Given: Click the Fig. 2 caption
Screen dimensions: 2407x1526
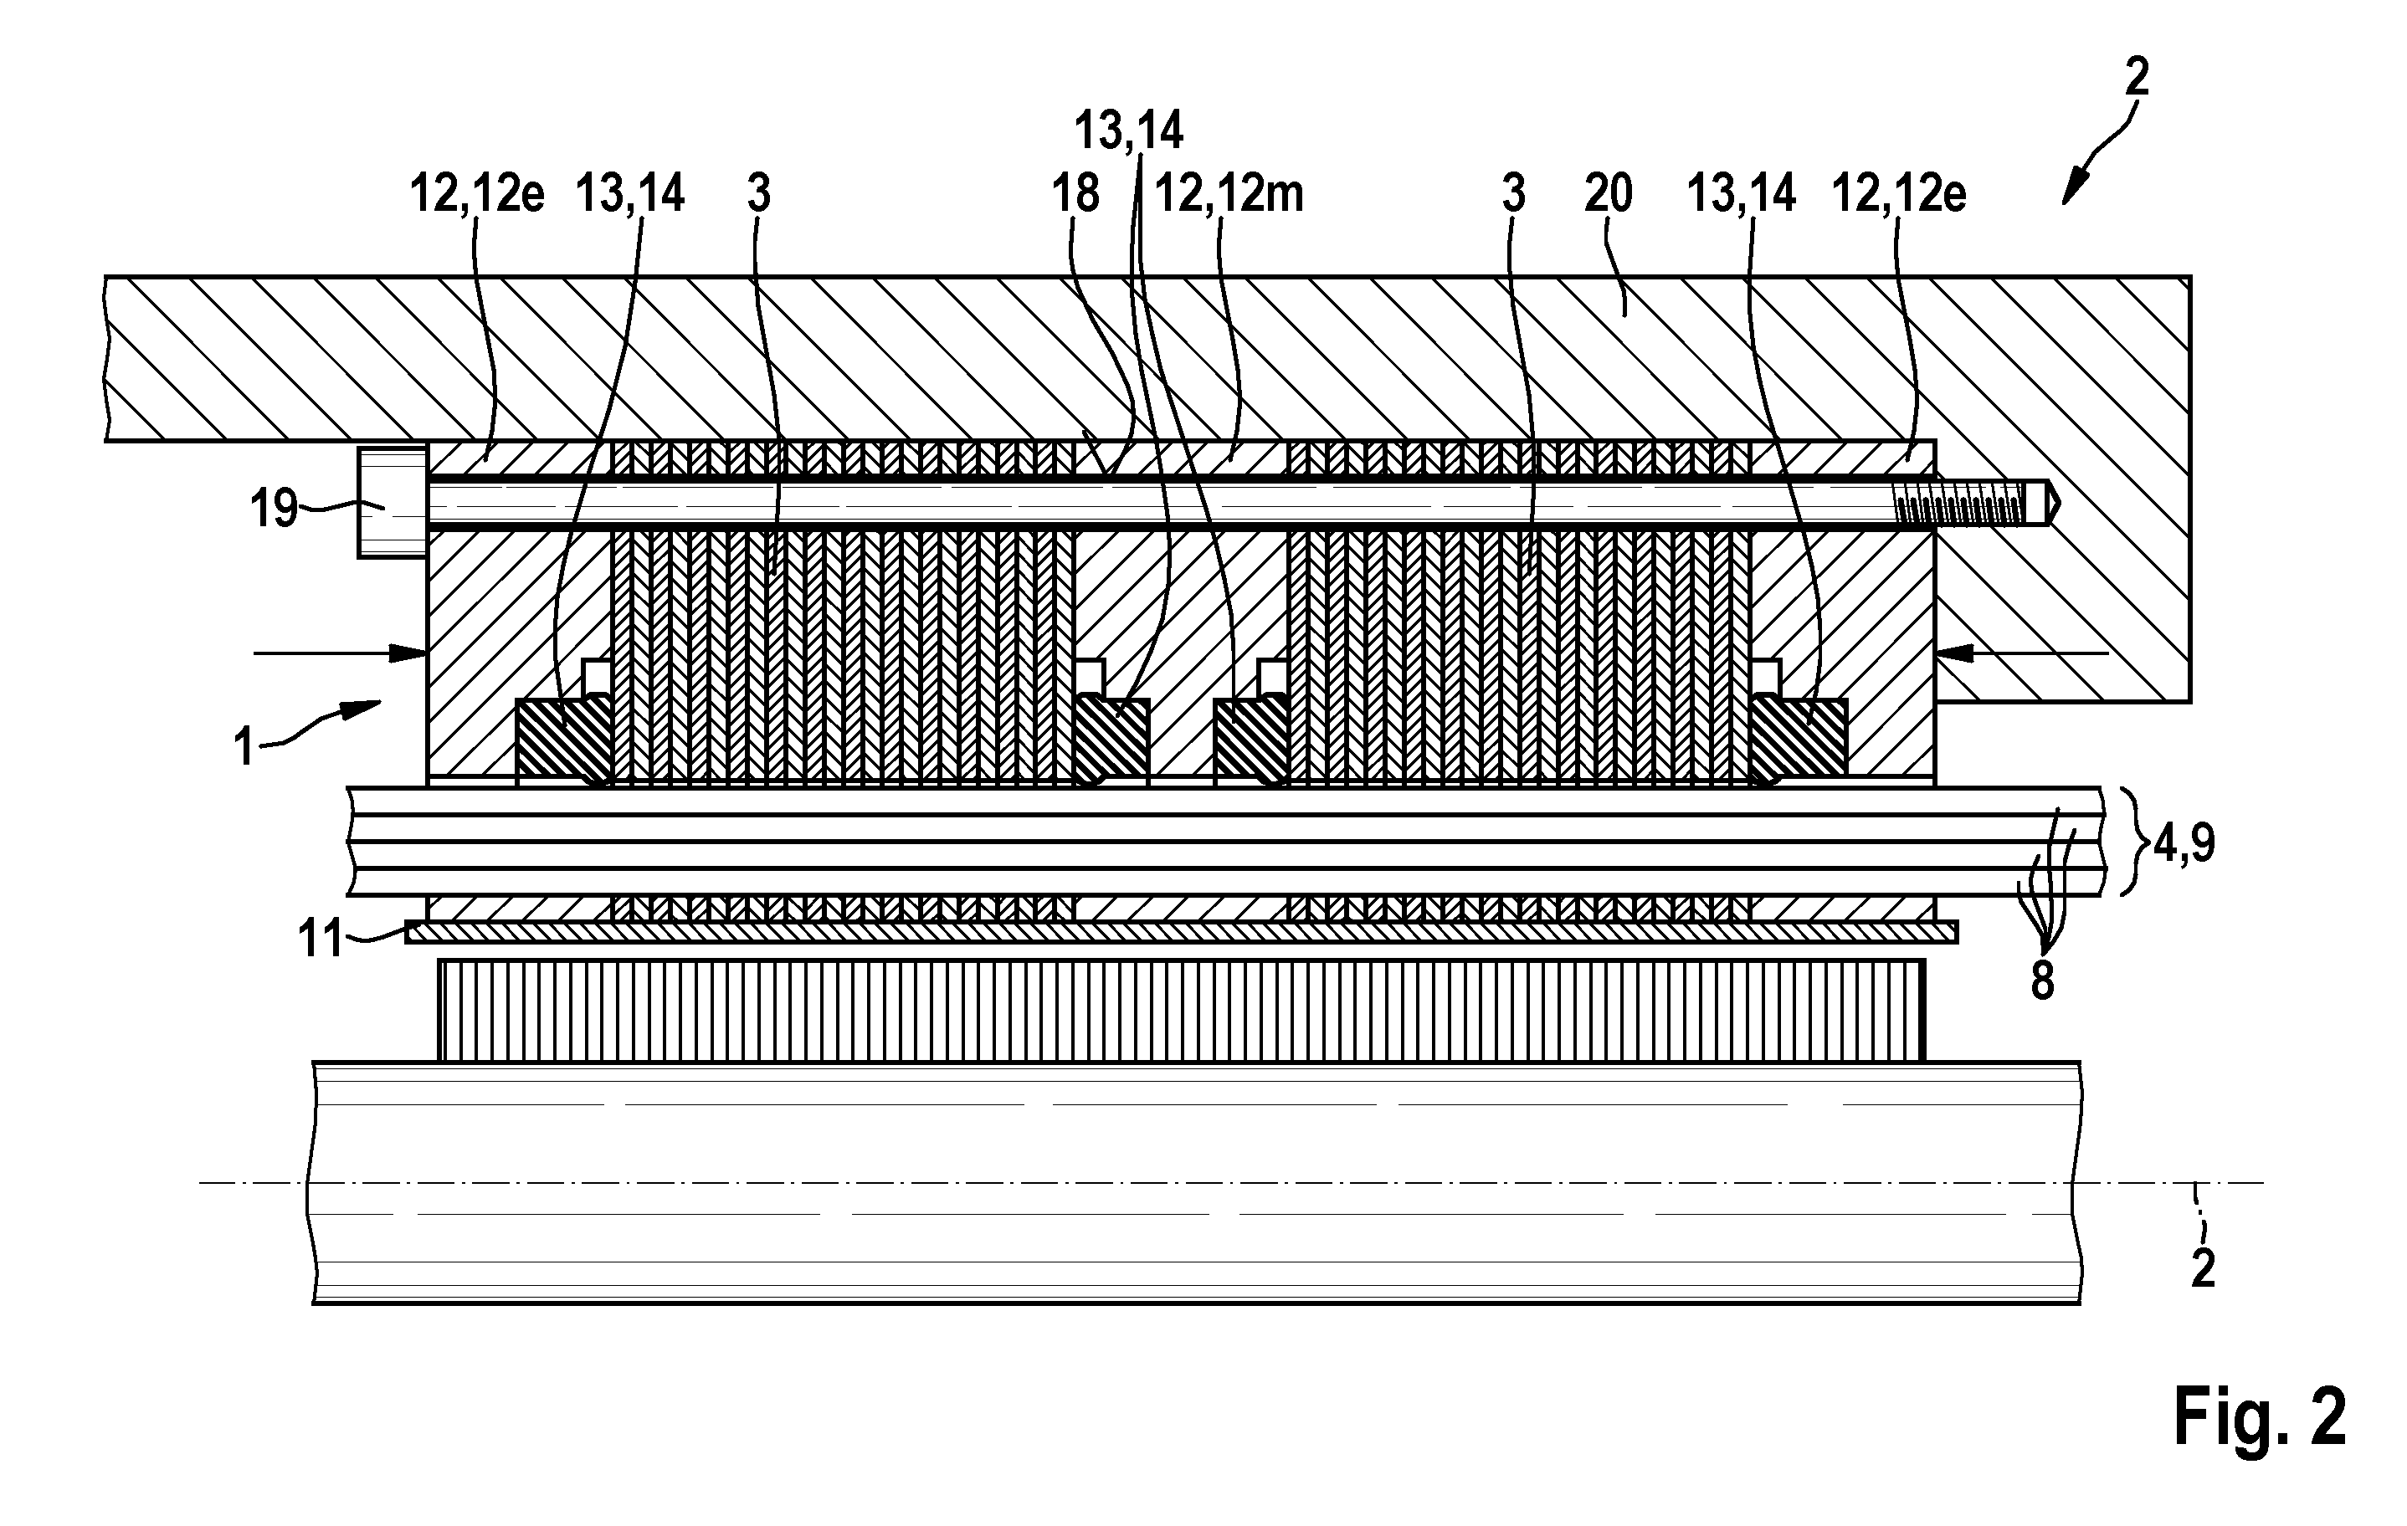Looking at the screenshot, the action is (2259, 1417).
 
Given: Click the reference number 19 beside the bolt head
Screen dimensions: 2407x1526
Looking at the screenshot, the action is (274, 509).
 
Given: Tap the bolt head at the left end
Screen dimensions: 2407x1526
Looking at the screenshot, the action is (393, 503).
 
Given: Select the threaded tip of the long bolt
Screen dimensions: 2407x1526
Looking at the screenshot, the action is (1970, 503).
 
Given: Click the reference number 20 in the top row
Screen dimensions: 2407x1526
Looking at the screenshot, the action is (1609, 194).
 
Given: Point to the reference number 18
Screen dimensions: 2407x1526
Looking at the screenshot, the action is (1075, 194).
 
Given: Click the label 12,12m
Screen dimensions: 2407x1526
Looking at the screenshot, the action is (1229, 194).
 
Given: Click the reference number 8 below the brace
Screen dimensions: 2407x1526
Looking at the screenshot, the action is (2043, 982).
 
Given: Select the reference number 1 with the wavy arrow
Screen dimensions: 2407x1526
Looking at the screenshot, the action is (244, 746).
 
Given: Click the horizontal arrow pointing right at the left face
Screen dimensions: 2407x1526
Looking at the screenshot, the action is (341, 653).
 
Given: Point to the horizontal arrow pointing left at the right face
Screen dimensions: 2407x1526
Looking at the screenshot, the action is (2022, 653).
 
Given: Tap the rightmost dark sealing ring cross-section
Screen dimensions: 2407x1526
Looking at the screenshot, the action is (1799, 740).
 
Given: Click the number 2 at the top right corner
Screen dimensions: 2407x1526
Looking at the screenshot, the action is (2136, 77).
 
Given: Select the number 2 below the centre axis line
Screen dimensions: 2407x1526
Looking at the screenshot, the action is (2203, 1268).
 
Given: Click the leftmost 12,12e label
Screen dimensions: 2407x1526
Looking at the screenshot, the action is (477, 194).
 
